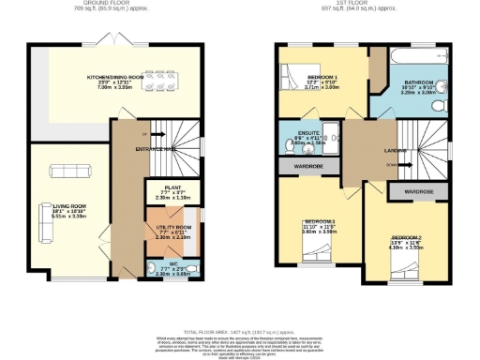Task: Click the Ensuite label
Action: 309,132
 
